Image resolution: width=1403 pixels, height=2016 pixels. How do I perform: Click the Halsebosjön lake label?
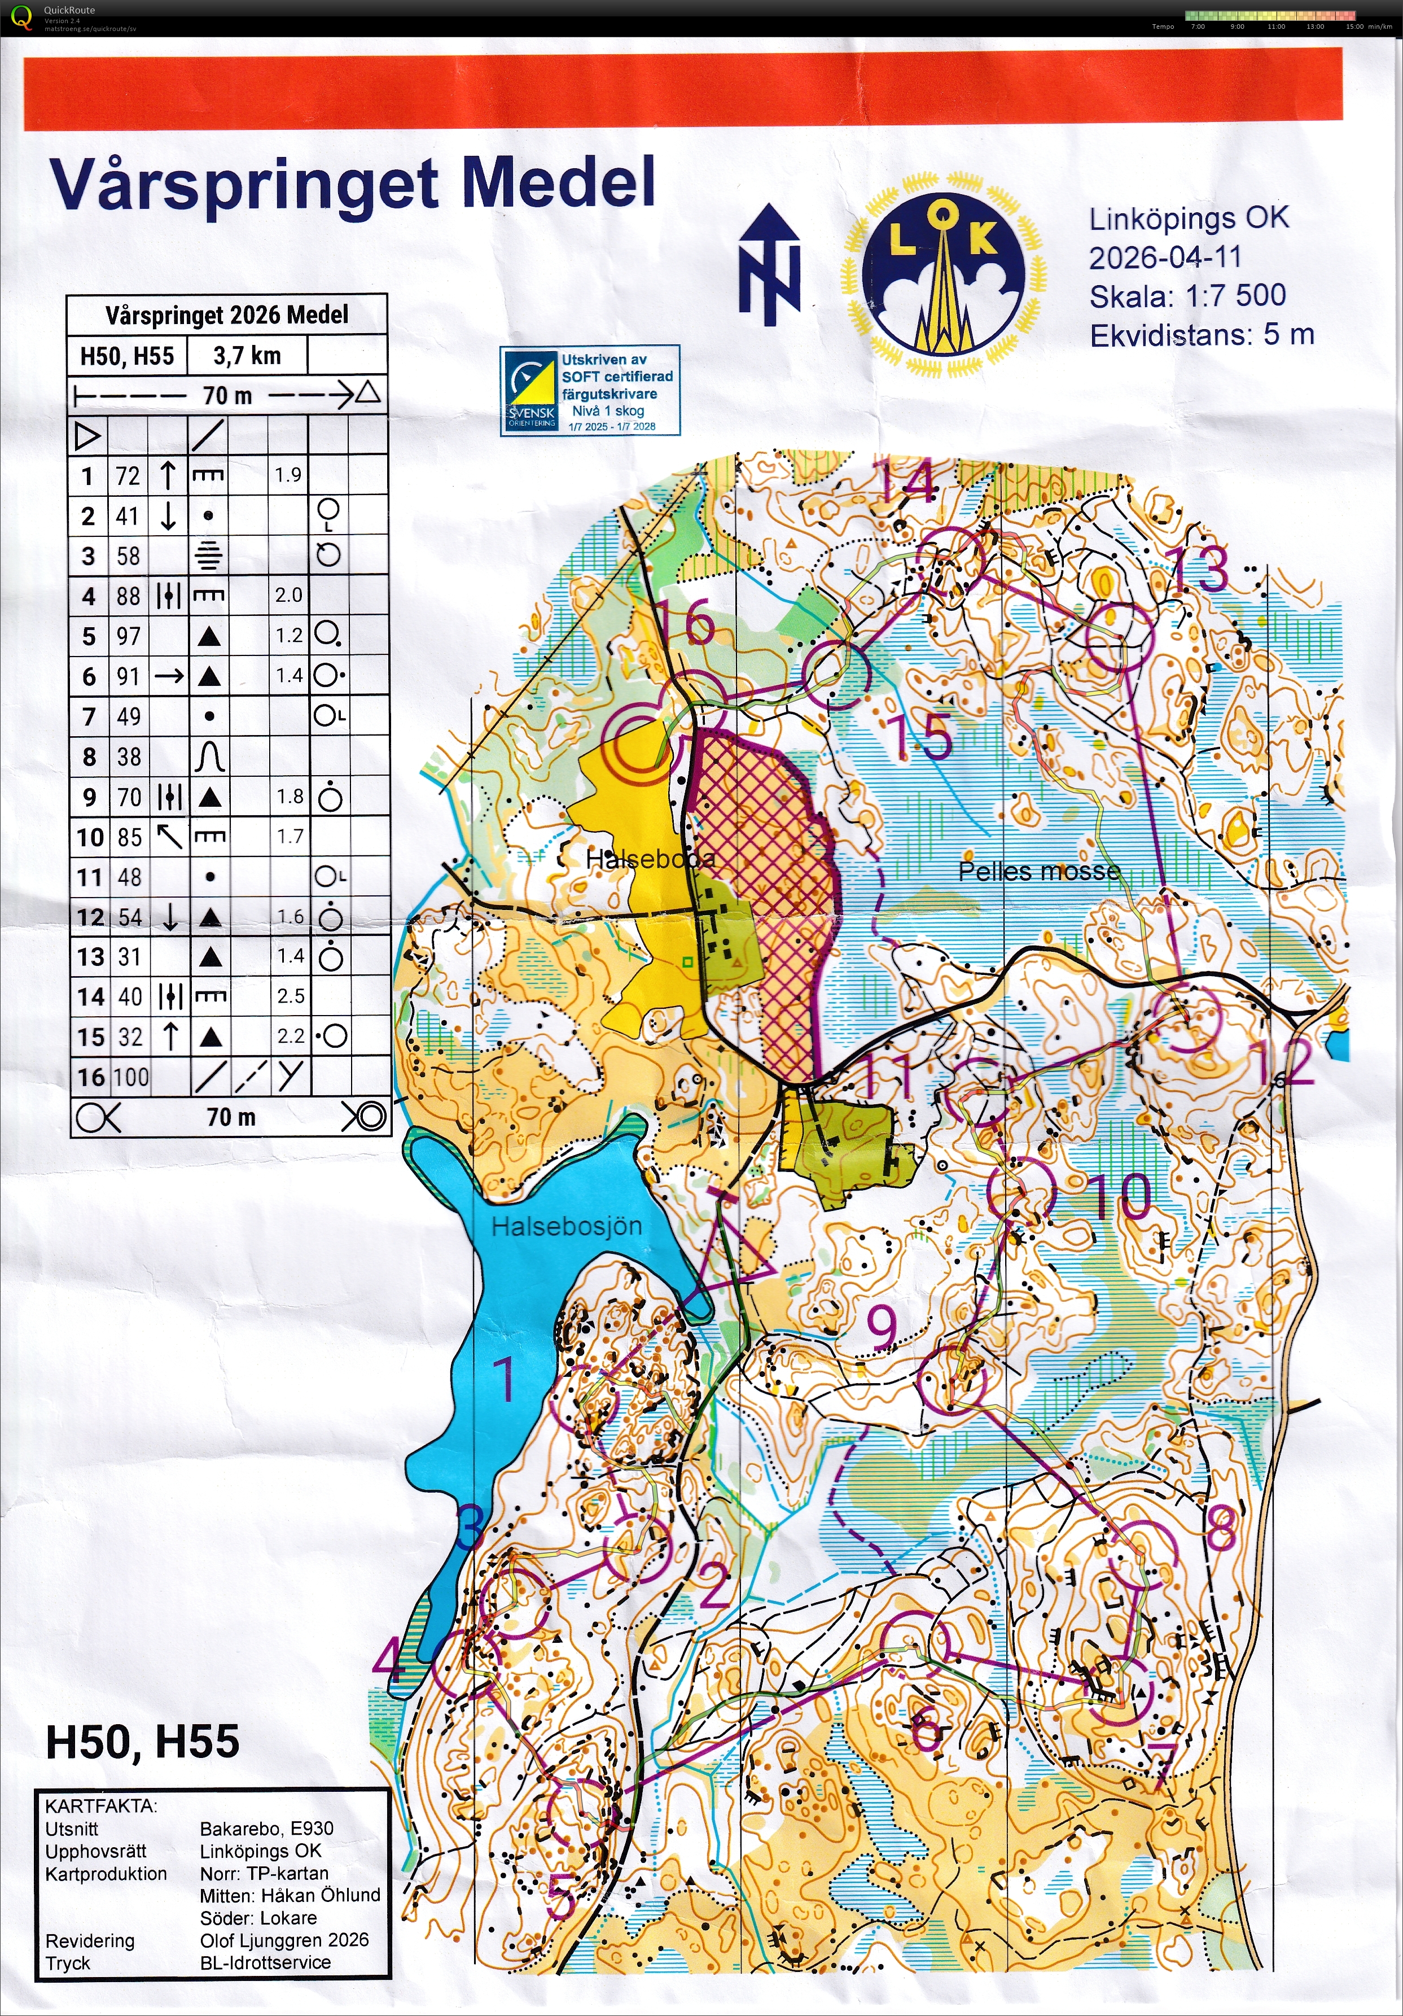pos(566,1227)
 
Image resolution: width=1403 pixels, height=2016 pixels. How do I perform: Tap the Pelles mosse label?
pos(1038,871)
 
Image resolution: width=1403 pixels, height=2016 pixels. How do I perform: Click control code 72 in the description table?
pos(128,476)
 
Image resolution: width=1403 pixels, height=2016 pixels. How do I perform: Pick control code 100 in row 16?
pos(129,1077)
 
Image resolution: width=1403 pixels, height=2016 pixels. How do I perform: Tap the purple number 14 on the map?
pos(905,480)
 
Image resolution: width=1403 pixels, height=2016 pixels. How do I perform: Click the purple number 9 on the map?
pos(882,1327)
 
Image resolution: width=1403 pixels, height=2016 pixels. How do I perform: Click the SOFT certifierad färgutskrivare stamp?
pos(589,391)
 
